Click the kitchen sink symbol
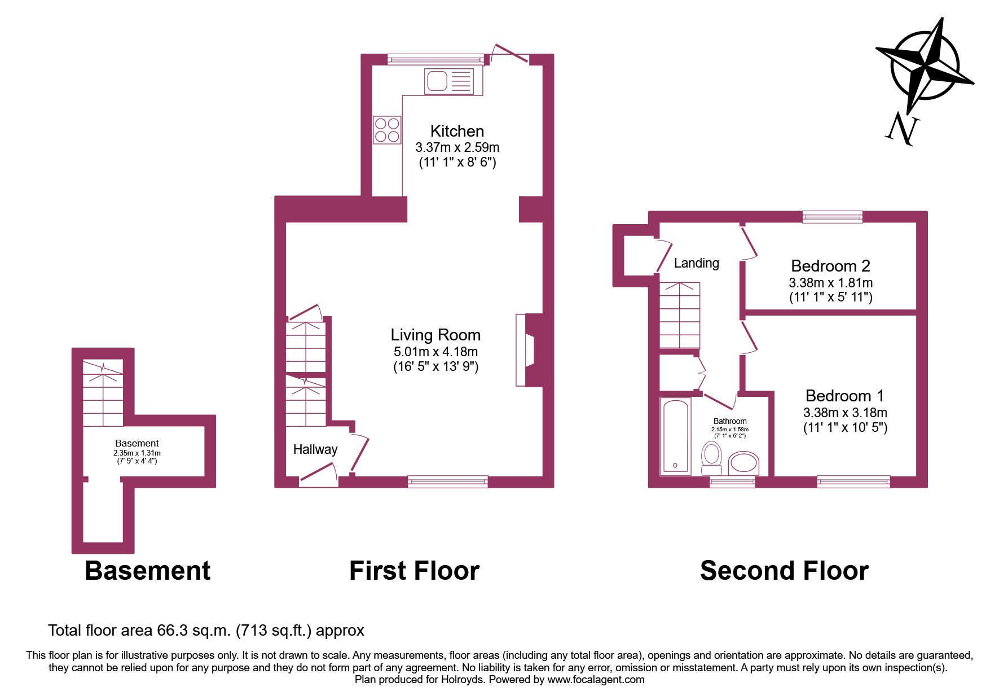pos(450,81)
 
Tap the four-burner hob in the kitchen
pos(387,130)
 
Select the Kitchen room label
pos(457,131)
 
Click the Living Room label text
pos(435,335)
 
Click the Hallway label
pos(315,449)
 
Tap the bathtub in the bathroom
pos(675,436)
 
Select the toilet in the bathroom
pos(711,458)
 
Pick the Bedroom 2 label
pos(830,266)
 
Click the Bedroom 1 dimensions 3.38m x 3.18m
pos(845,413)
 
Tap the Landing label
pos(697,263)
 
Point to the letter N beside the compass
pos(902,129)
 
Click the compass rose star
pos(925,65)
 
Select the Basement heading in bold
pos(147,571)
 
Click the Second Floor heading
pos(784,571)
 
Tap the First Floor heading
pos(414,571)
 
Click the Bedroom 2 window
pos(832,217)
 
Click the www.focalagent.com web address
pos(596,680)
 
